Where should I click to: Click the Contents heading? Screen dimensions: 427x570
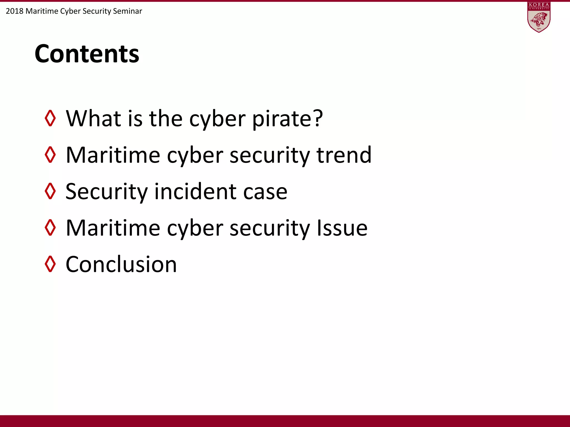(x=87, y=54)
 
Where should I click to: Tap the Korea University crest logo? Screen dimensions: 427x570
(x=539, y=17)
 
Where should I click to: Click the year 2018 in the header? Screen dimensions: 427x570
(x=14, y=11)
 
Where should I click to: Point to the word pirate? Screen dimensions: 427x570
(x=288, y=119)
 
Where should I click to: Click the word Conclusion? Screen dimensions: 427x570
(x=121, y=264)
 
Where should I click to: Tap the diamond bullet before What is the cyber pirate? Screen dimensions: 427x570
(x=50, y=118)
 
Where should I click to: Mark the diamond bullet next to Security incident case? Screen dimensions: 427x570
(x=50, y=191)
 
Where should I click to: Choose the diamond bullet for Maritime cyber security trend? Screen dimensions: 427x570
(x=50, y=155)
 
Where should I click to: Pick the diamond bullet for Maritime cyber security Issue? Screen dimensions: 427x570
(x=50, y=227)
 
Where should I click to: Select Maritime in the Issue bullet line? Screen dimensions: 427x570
(x=113, y=228)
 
